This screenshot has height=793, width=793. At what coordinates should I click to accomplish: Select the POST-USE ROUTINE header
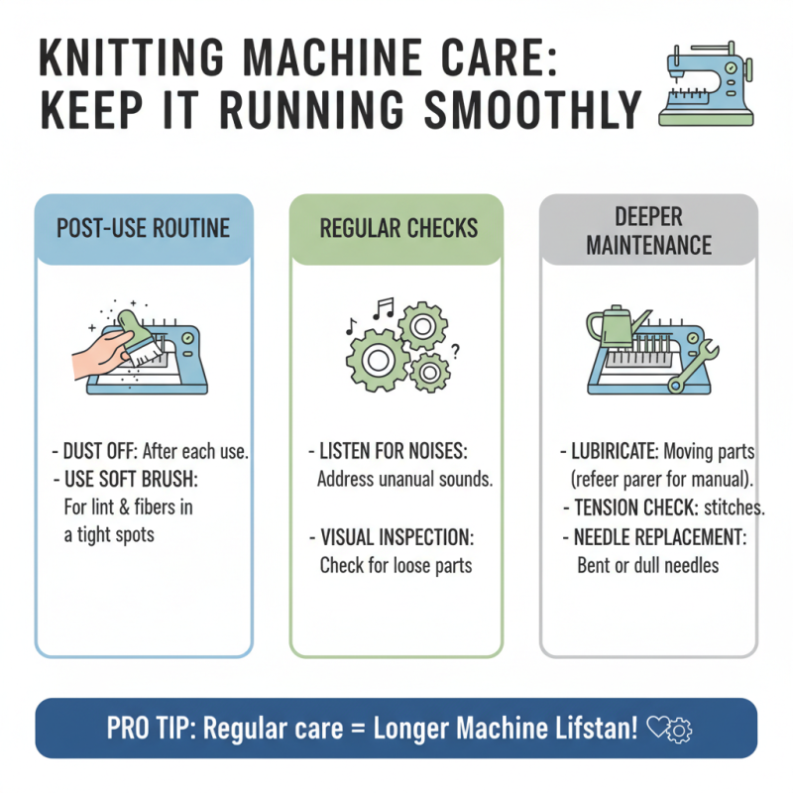143,229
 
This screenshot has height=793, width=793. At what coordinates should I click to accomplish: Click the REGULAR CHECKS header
396,229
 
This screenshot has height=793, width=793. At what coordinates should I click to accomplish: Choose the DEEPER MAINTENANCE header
649,229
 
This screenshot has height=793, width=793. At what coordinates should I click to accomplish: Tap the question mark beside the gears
454,348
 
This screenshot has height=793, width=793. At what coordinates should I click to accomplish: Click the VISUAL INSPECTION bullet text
397,537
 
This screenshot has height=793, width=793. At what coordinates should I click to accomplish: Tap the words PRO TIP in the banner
147,729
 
